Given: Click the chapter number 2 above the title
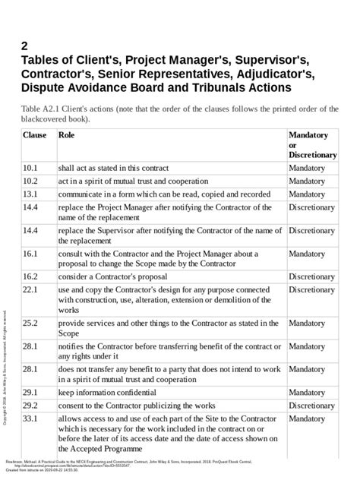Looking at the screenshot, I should pyautogui.click(x=26, y=45).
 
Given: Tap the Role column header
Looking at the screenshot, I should pyautogui.click(x=67, y=135).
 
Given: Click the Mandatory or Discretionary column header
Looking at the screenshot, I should pyautogui.click(x=312, y=144).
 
